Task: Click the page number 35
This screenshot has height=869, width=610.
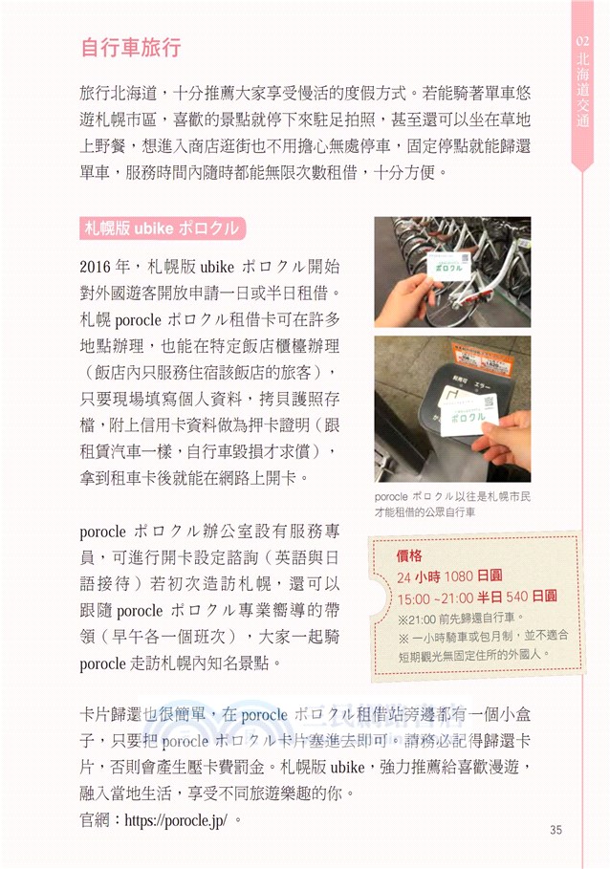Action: (x=556, y=828)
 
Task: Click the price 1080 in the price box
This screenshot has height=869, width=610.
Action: (x=460, y=576)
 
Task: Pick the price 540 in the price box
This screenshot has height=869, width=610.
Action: (x=517, y=597)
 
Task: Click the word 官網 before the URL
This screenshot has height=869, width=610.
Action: (x=96, y=820)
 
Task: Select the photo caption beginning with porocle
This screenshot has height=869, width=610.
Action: (x=450, y=506)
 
